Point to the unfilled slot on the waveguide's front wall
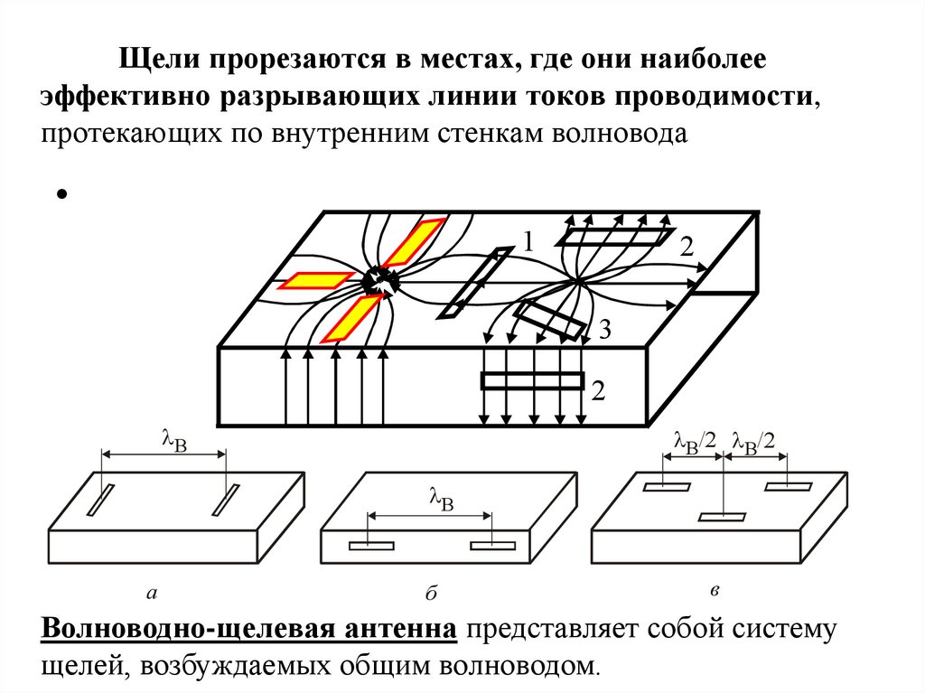click(x=531, y=380)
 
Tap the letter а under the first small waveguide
click(x=151, y=594)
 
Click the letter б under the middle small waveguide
click(x=430, y=594)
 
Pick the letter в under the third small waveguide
click(x=715, y=591)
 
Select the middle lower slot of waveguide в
click(x=723, y=518)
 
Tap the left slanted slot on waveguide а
click(x=99, y=500)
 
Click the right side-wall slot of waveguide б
click(x=492, y=545)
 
